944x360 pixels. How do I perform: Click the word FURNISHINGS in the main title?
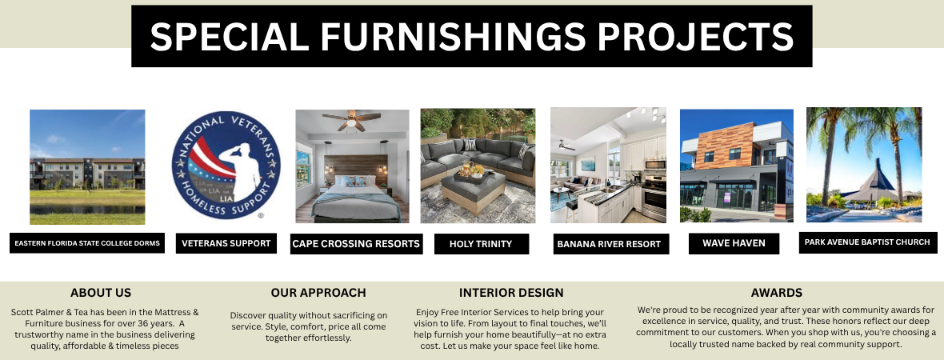click(453, 35)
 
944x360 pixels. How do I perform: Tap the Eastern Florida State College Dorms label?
click(87, 243)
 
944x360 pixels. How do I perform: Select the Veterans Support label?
click(226, 243)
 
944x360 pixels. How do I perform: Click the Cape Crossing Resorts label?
click(356, 244)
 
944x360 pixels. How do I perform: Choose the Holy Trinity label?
click(481, 244)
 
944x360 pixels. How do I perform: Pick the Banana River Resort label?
click(610, 244)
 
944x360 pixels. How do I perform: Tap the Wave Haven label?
click(734, 243)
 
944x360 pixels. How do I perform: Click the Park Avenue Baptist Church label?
click(867, 242)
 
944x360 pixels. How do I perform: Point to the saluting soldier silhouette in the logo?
click(241, 171)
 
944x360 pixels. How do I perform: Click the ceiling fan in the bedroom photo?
click(352, 120)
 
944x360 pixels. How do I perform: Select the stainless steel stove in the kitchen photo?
click(654, 197)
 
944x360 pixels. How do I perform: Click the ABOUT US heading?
click(101, 293)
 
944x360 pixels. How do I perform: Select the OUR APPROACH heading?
click(318, 293)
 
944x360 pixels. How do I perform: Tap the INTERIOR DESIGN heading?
click(511, 293)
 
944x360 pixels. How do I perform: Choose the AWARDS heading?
click(777, 293)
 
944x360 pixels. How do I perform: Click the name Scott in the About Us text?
click(22, 313)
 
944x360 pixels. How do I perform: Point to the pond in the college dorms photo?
click(87, 210)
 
